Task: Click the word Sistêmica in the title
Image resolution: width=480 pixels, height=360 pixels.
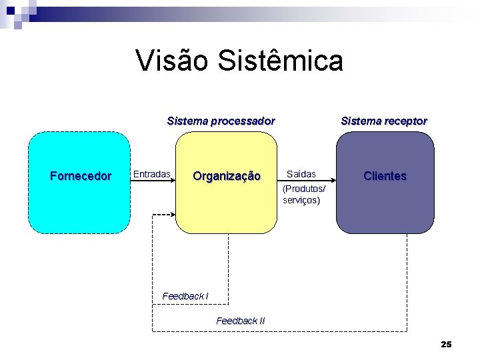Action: [281, 60]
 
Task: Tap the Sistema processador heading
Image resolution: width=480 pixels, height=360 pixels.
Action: [221, 121]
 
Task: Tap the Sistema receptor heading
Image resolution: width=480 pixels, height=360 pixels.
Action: [384, 121]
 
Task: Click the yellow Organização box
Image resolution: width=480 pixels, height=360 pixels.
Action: [226, 207]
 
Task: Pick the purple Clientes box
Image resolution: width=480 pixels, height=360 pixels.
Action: [385, 207]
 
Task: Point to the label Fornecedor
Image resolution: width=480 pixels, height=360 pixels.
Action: [81, 176]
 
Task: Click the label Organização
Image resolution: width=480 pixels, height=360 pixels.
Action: [227, 176]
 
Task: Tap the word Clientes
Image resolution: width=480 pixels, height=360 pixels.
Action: [385, 176]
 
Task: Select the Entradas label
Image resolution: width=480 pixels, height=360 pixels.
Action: [152, 174]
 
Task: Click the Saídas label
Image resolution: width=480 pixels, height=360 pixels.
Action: [301, 174]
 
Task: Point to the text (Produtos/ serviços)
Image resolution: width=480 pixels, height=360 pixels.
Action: [305, 195]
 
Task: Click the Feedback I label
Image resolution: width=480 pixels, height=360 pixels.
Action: [185, 295]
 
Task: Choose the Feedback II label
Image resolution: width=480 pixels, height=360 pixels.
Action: [241, 321]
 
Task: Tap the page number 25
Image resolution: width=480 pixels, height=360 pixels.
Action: [446, 344]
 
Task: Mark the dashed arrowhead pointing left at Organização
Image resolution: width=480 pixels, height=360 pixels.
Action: [171, 215]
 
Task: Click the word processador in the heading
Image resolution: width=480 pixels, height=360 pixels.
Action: [243, 121]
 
